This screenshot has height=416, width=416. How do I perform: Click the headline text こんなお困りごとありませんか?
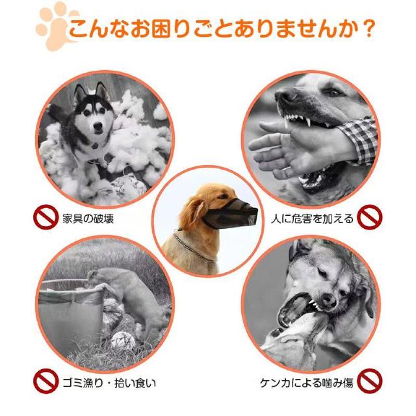(x=221, y=29)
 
